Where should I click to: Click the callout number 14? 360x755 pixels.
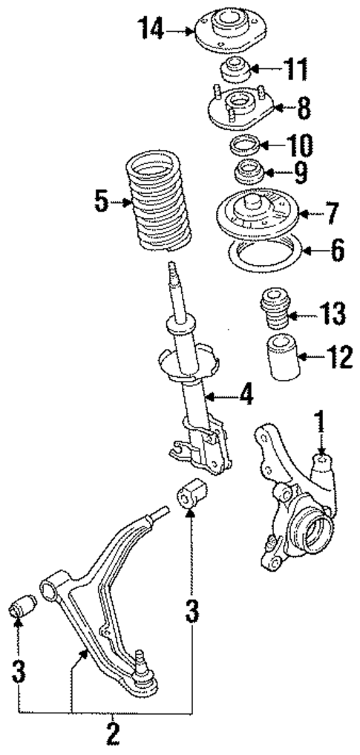tap(151, 30)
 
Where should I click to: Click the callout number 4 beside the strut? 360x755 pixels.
tap(246, 395)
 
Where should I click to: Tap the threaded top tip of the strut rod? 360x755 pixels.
tap(173, 270)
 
